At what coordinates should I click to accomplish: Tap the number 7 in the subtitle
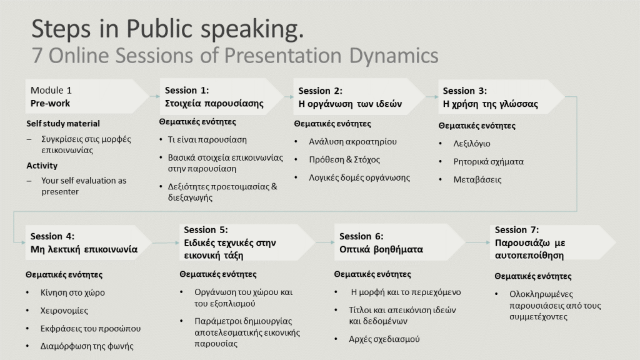37,56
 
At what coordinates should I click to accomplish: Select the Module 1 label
51,90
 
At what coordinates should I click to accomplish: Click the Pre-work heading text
50,103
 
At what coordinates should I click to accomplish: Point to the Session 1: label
186,90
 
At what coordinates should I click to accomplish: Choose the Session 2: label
321,91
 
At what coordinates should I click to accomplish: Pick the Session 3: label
465,91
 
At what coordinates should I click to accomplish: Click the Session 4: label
52,236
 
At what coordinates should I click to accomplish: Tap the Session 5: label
206,230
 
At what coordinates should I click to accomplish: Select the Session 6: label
361,236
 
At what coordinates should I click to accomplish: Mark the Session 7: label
517,230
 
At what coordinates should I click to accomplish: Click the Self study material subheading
63,124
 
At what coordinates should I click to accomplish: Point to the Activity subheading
42,166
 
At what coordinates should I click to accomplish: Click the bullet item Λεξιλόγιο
472,144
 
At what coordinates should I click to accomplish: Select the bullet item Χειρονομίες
64,311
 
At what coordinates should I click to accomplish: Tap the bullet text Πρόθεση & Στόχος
344,159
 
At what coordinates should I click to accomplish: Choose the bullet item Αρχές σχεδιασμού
384,339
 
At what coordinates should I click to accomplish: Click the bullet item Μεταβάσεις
477,179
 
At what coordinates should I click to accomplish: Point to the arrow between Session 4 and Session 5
165,243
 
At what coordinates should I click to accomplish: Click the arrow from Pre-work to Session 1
155,96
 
